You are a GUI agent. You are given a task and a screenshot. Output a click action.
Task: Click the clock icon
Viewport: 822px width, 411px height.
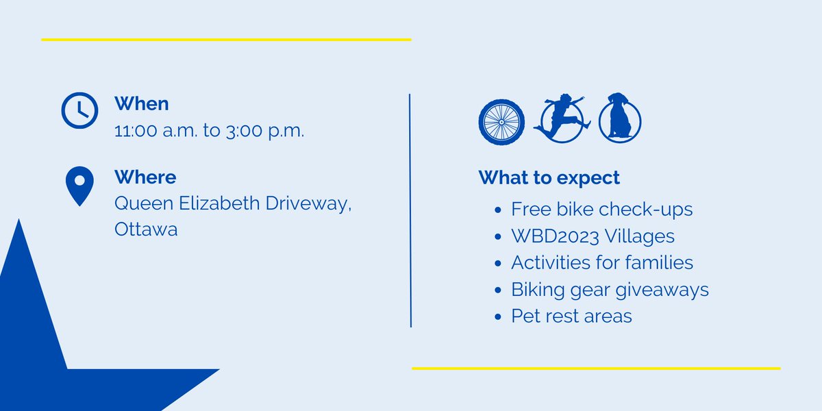80,110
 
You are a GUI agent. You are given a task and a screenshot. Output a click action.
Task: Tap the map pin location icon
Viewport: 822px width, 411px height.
79,185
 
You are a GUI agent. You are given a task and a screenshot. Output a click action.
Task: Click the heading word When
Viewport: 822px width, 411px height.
141,103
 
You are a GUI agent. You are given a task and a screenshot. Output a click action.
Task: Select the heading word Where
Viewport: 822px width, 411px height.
145,177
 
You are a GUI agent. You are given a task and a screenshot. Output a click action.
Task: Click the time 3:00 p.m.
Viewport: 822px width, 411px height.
264,130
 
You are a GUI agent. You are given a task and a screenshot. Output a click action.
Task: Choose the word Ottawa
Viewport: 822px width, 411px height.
146,229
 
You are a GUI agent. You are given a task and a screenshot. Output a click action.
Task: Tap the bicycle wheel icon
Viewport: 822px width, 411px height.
501,123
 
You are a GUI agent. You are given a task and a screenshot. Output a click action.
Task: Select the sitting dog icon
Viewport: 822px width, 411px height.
619,119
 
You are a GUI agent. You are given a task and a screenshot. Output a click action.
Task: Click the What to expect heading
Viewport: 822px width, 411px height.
549,178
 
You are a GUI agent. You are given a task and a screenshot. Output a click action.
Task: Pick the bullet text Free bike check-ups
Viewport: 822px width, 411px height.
601,209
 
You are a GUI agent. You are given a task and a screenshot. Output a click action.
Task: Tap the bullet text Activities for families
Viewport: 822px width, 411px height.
601,262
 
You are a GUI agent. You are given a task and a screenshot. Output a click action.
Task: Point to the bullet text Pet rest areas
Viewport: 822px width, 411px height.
571,316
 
